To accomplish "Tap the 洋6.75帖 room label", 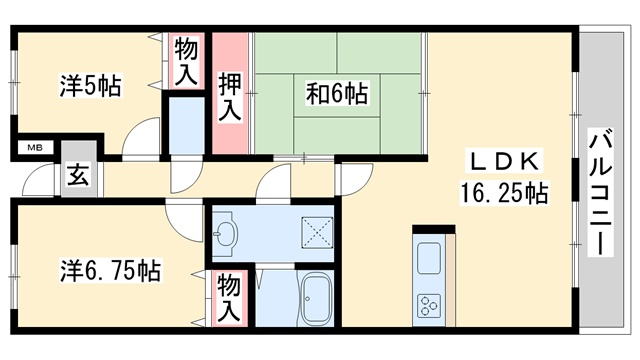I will (110, 270).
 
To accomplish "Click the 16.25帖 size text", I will (504, 193).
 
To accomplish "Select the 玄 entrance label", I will (76, 175).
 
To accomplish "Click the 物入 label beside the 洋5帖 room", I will (187, 61).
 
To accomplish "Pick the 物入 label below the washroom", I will (229, 298).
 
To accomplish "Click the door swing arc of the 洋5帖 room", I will (143, 137).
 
